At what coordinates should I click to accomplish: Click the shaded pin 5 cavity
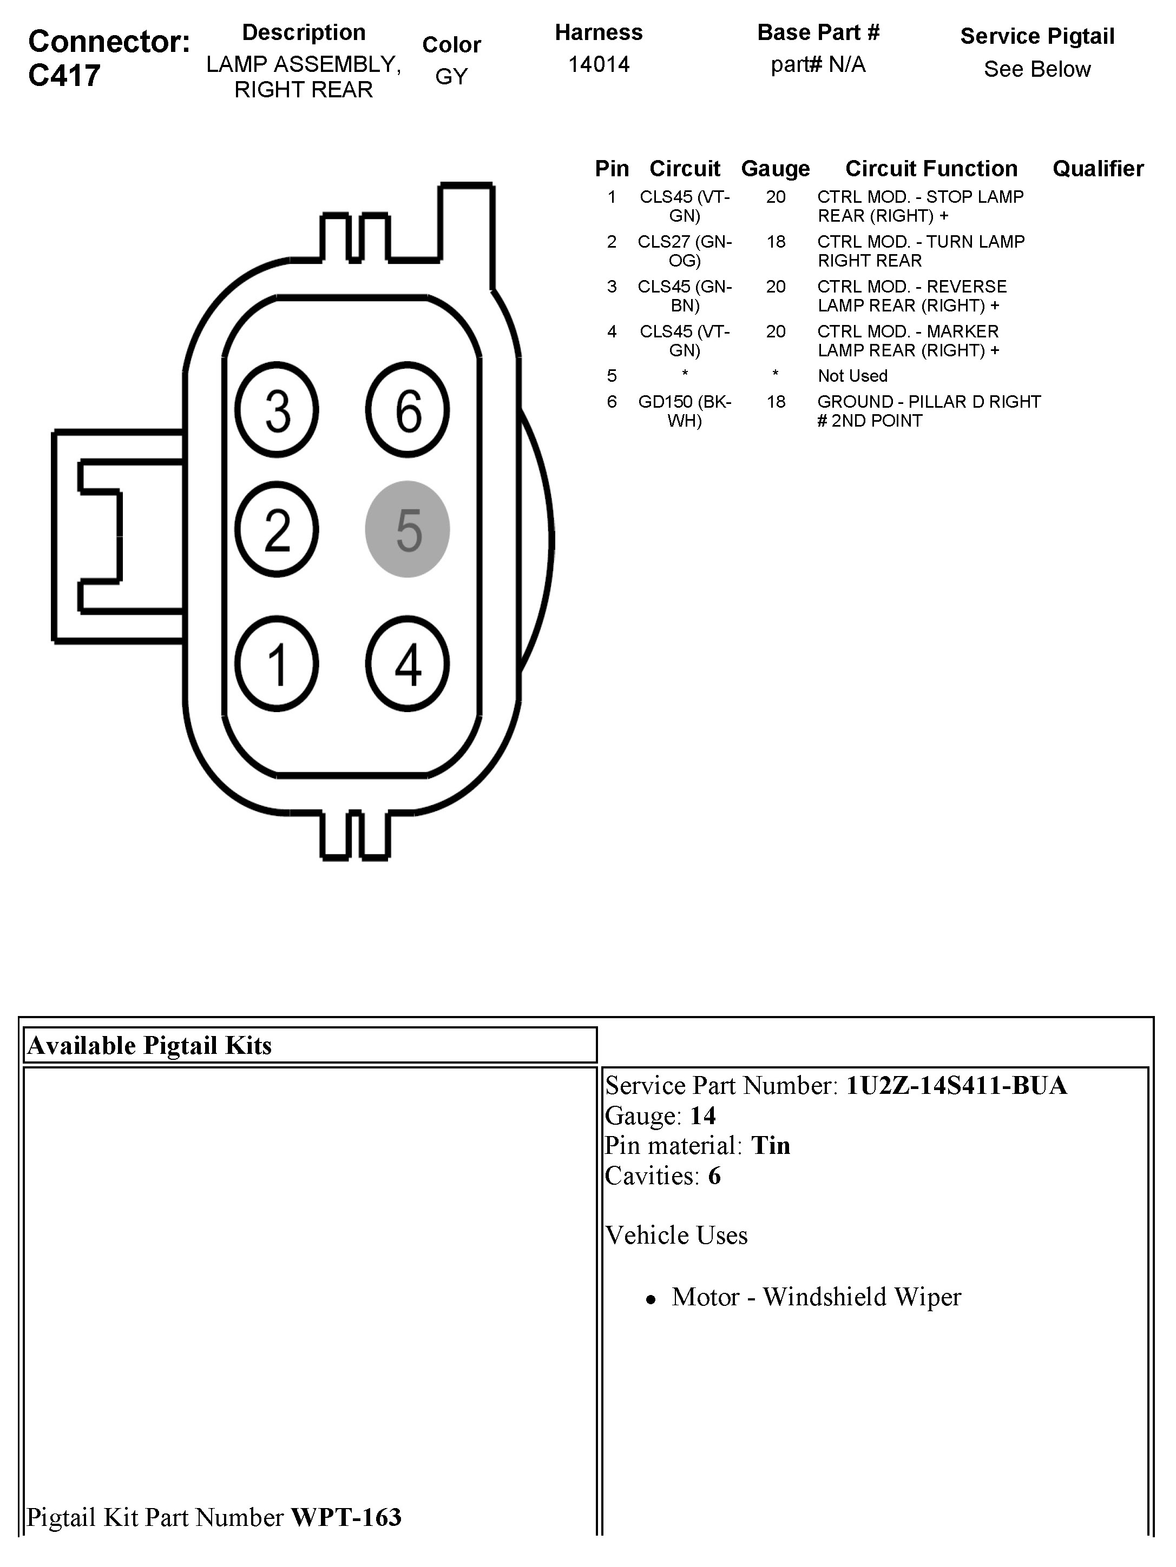tap(407, 529)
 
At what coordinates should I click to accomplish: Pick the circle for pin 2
tap(277, 529)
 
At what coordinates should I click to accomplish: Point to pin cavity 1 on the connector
tap(277, 664)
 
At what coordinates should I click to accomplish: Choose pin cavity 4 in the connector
tap(407, 664)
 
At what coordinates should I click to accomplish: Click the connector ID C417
tap(64, 75)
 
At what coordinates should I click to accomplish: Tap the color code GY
tap(451, 76)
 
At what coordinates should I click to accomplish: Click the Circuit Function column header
tap(931, 169)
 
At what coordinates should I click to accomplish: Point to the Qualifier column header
tap(1098, 169)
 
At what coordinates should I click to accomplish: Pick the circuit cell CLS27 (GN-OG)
tap(684, 251)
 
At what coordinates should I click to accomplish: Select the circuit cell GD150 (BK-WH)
tap(684, 411)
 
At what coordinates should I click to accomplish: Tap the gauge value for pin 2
tap(776, 242)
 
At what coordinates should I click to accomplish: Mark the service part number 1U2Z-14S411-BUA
tap(956, 1085)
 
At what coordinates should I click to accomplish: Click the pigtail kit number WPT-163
tap(346, 1517)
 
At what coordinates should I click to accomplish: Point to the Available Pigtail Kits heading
tap(149, 1046)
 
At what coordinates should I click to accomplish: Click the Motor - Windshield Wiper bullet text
tap(816, 1297)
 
